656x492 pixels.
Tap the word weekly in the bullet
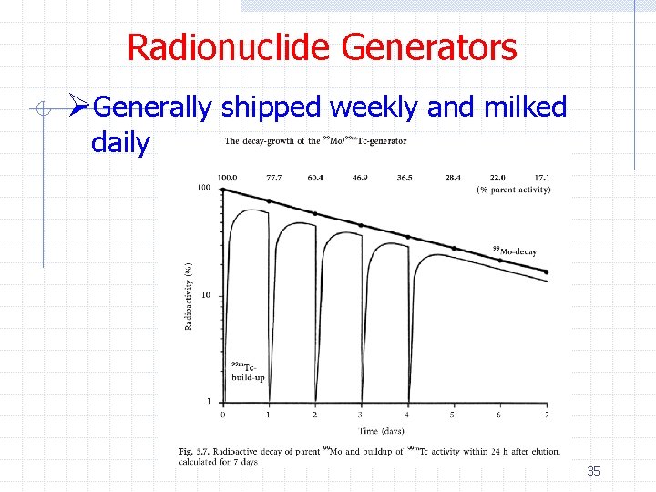(374, 108)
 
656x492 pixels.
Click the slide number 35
(593, 471)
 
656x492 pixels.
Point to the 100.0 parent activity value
(228, 178)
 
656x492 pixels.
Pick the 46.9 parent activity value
(360, 178)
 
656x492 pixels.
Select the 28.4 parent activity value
(451, 178)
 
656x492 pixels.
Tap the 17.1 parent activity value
(541, 178)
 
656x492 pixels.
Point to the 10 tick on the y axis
(206, 295)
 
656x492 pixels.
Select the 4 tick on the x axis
(407, 415)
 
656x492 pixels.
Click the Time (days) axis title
(381, 430)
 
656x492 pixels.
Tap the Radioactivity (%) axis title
(189, 296)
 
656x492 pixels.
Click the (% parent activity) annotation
(514, 190)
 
